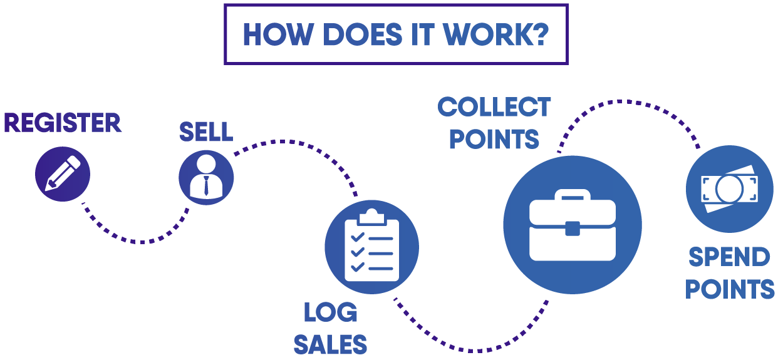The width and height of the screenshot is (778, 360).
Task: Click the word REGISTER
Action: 63,123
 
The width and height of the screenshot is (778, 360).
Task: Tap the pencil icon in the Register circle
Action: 63,173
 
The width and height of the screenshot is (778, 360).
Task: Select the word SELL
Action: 206,131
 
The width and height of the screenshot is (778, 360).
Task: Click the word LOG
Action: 331,313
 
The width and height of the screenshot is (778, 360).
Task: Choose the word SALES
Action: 331,344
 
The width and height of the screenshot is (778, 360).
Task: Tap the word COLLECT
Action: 494,107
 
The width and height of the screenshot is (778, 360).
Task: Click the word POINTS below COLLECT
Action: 494,139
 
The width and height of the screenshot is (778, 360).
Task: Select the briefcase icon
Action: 573,225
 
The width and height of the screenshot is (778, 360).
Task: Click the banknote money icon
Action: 730,188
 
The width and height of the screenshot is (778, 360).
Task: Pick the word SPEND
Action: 730,257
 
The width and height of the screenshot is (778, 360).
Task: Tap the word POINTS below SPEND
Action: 730,289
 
